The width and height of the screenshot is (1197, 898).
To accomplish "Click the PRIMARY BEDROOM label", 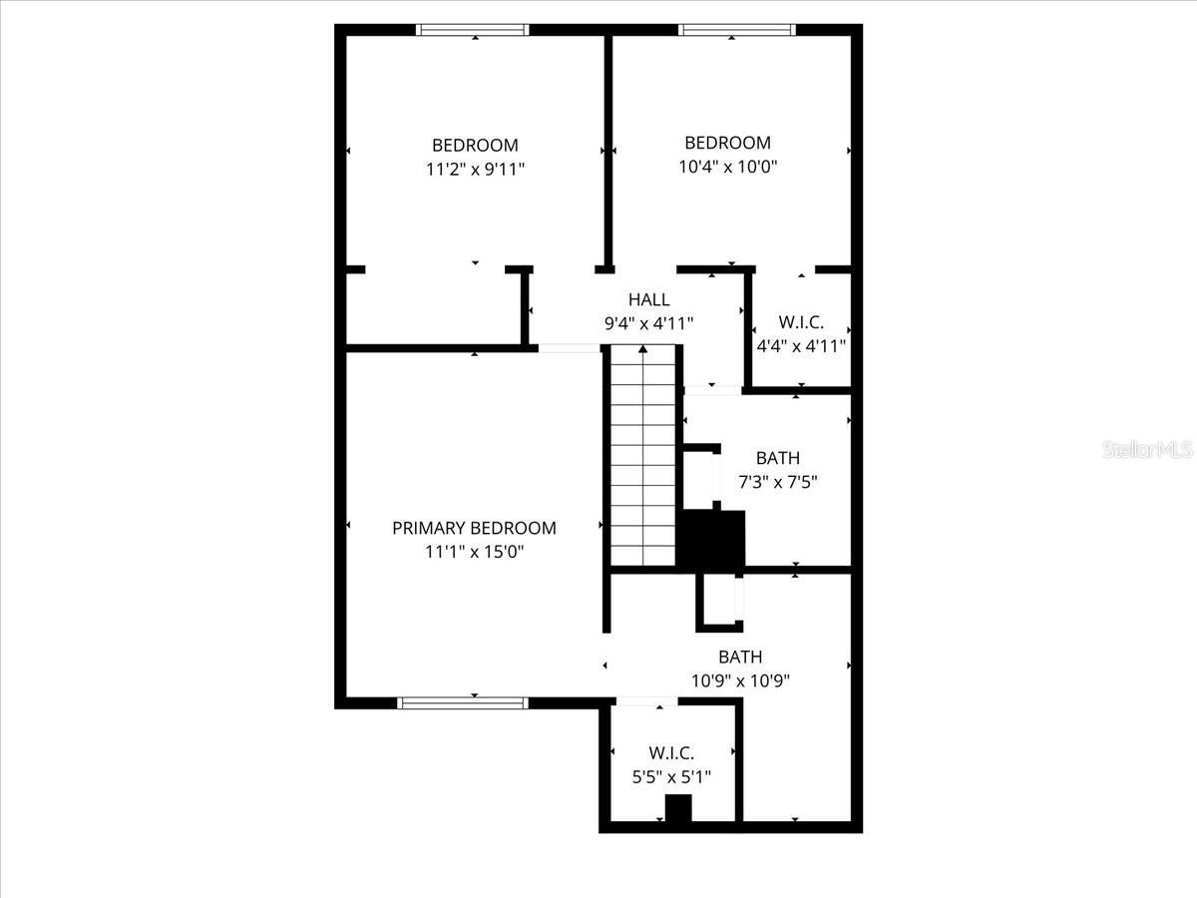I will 474,528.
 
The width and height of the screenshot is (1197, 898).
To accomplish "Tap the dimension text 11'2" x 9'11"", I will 475,169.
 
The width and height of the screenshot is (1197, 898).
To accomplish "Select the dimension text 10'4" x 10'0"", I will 727,167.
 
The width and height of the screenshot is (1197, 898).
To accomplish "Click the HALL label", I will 648,299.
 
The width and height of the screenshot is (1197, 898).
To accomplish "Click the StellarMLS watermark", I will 1147,451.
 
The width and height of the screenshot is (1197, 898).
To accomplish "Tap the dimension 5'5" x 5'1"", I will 671,776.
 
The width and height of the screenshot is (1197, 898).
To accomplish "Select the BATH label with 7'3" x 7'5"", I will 777,458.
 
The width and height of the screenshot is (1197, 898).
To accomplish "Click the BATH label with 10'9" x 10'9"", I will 740,657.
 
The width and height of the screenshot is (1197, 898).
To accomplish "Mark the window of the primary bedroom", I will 463,702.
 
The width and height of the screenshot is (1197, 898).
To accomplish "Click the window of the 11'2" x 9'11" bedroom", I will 472,30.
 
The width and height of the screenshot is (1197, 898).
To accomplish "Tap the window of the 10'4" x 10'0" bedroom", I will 736,30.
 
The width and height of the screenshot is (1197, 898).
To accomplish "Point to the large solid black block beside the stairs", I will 712,541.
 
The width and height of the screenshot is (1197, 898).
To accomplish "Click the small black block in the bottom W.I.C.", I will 678,808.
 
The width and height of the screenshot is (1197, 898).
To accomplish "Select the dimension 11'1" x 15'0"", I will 474,552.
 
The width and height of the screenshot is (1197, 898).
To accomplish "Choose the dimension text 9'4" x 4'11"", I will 648,322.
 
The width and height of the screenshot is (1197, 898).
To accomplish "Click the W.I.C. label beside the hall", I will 799,323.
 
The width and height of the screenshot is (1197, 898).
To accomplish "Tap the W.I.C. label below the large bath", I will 671,753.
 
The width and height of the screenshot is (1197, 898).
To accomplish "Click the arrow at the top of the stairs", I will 643,350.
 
